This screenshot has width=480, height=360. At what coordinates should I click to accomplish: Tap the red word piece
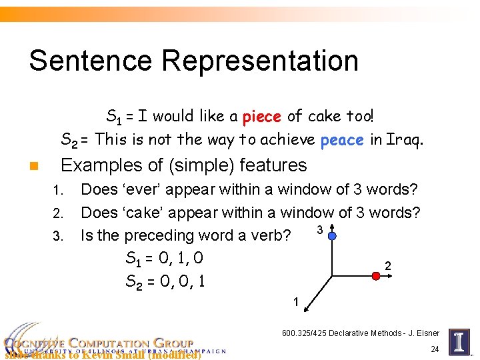pyautogui.click(x=262, y=117)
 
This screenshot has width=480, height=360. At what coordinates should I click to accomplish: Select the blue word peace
pyautogui.click(x=342, y=140)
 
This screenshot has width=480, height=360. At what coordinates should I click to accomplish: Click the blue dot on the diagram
pyautogui.click(x=332, y=235)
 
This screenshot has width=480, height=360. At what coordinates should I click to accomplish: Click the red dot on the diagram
pyautogui.click(x=376, y=275)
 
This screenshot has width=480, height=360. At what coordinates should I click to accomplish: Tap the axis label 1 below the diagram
pyautogui.click(x=295, y=303)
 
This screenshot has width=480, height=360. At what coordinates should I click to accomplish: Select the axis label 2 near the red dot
pyautogui.click(x=388, y=266)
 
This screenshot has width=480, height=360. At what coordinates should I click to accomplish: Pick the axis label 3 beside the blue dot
pyautogui.click(x=320, y=230)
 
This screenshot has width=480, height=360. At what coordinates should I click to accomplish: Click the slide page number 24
pyautogui.click(x=435, y=349)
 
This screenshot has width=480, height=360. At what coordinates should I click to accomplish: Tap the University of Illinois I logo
pyautogui.click(x=459, y=341)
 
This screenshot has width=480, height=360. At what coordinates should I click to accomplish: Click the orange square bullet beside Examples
pyautogui.click(x=33, y=166)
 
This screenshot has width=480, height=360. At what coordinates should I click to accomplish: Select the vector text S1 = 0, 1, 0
pyautogui.click(x=164, y=258)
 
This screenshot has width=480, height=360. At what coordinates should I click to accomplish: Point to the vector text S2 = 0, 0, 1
pyautogui.click(x=165, y=281)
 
